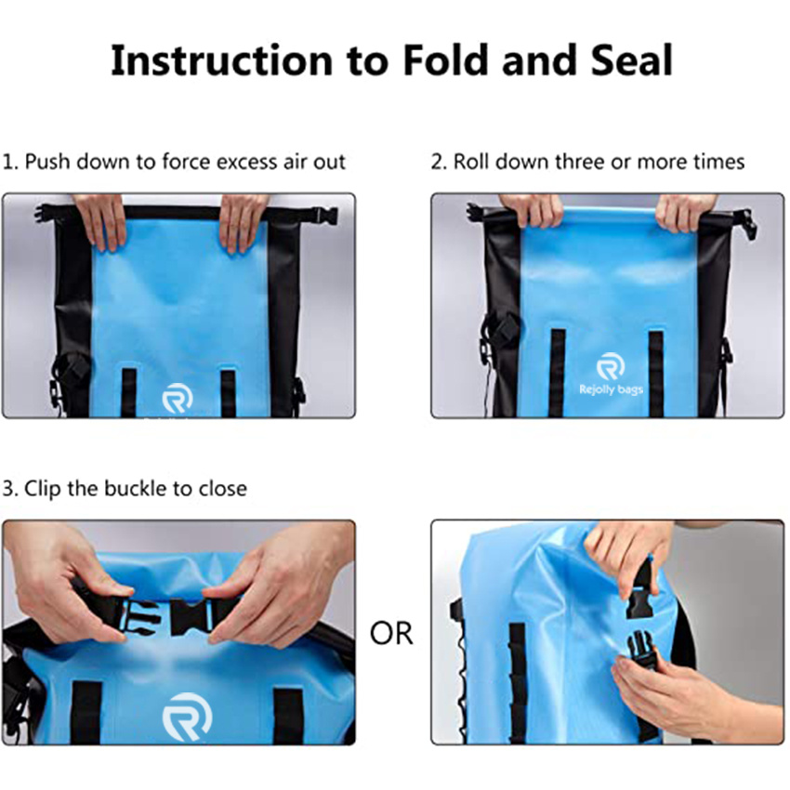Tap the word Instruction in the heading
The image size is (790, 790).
(x=220, y=60)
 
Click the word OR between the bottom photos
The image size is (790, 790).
(x=391, y=634)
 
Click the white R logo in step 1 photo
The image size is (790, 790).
(x=177, y=401)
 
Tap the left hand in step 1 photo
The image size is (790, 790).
(x=99, y=221)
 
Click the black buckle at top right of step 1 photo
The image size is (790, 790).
(x=323, y=216)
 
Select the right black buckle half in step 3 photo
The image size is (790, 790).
(x=192, y=615)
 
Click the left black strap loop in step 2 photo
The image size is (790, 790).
(x=557, y=372)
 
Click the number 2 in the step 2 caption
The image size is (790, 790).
(x=437, y=162)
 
